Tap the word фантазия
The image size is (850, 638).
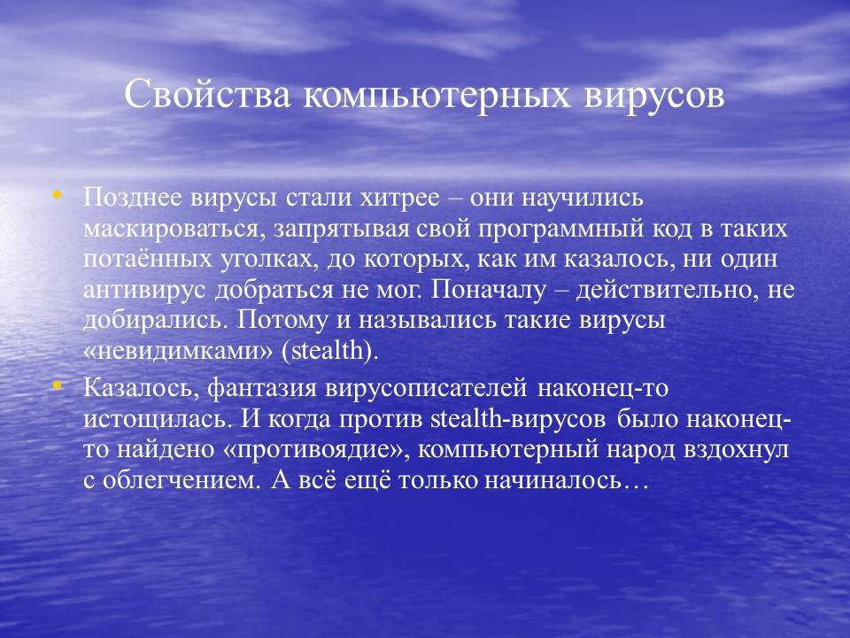click(267, 388)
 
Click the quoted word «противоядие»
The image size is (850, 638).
click(315, 449)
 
